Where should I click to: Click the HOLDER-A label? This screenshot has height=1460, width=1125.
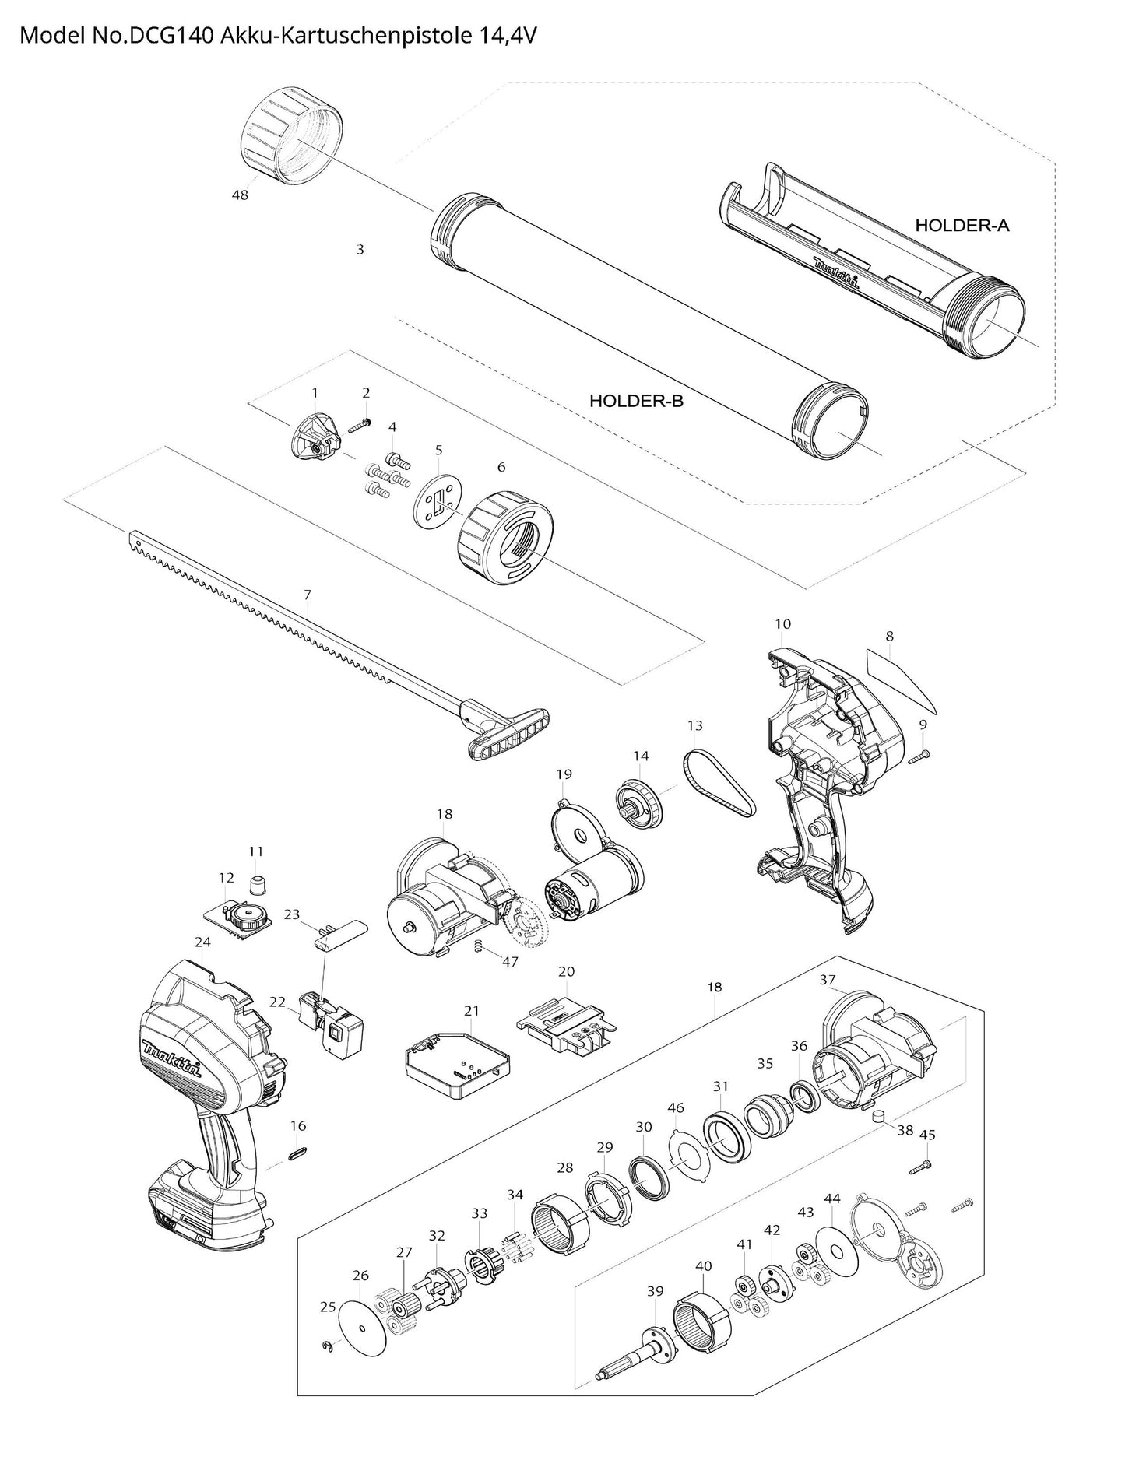pos(962,226)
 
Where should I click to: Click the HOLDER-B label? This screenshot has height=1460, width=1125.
pos(636,401)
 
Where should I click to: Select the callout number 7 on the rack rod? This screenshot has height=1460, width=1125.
pos(308,595)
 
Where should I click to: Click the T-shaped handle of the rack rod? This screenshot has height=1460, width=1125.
pos(507,728)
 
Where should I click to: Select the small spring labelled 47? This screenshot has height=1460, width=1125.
pos(479,946)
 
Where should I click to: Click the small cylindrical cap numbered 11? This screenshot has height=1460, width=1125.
pos(256,885)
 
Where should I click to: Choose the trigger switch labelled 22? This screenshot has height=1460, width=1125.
pos(331,1027)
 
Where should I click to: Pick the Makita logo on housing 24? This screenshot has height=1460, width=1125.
pos(172,1058)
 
